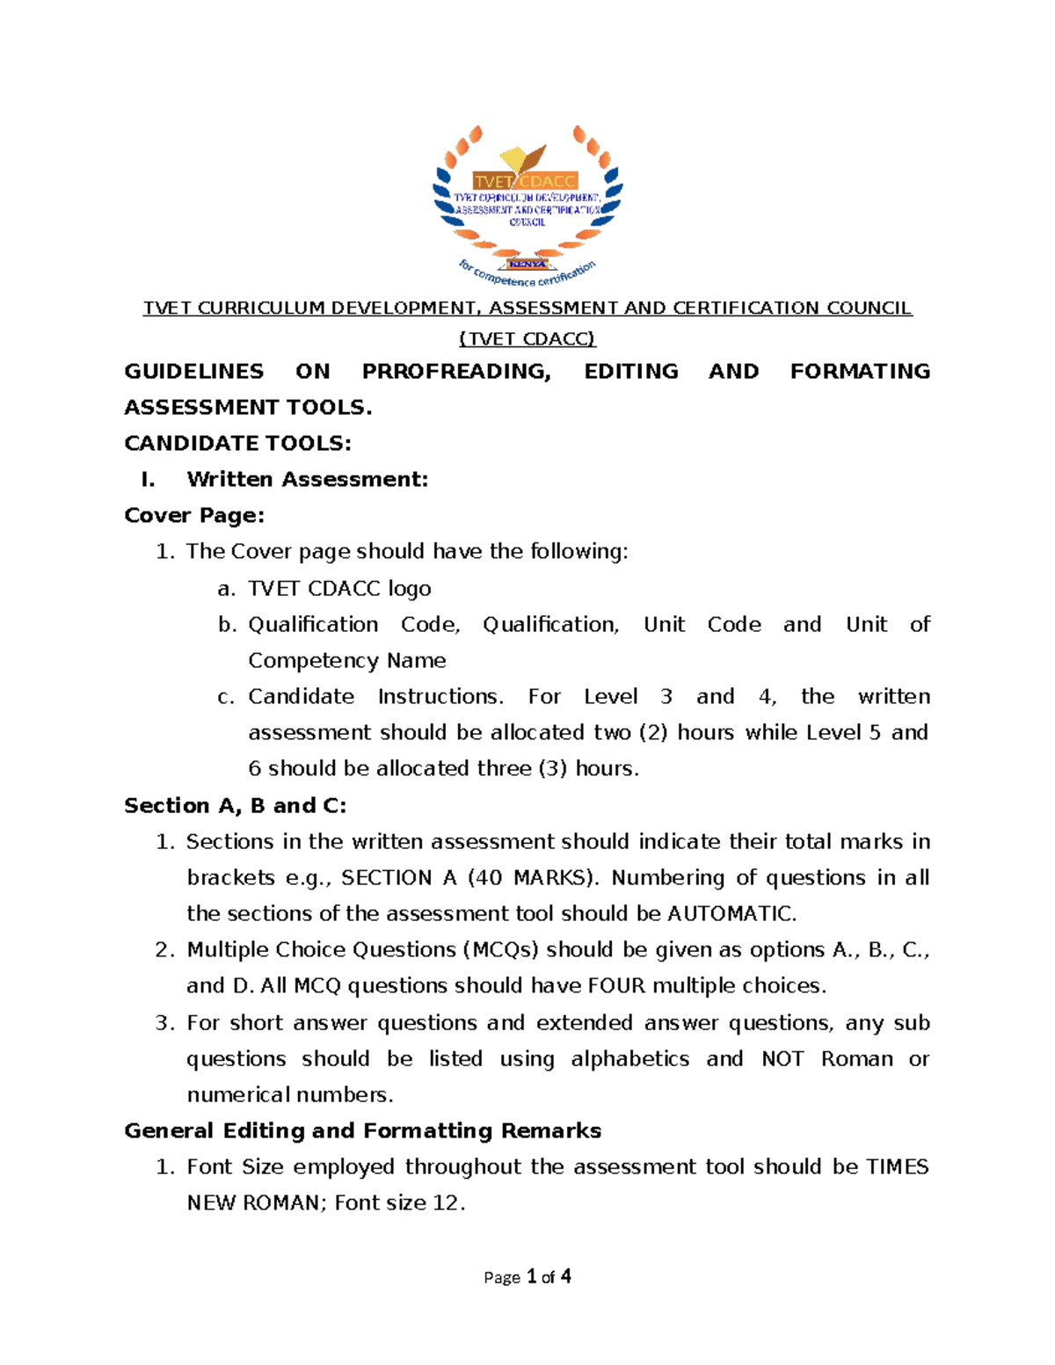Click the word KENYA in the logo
point(527,264)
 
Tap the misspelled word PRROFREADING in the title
point(456,371)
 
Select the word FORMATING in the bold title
point(860,371)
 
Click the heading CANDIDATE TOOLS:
point(237,443)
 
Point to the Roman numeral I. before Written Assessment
point(148,479)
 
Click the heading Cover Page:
point(194,515)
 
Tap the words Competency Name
point(346,660)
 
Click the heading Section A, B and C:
point(235,805)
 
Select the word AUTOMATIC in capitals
point(730,913)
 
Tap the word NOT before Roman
point(782,1058)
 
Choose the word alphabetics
point(629,1058)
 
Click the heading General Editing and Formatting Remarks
point(362,1130)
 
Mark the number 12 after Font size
point(446,1202)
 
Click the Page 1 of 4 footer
point(527,1276)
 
